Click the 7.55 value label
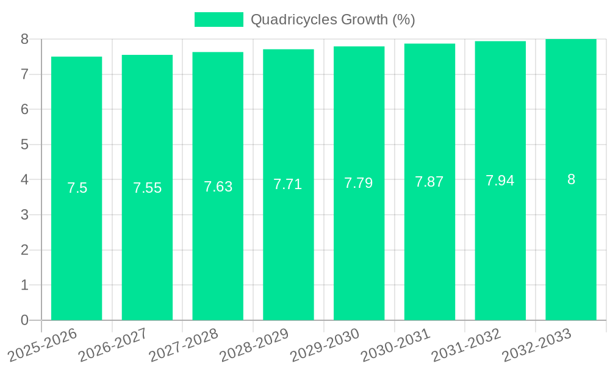(148, 188)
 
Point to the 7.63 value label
(218, 187)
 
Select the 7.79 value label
(359, 183)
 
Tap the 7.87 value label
(429, 182)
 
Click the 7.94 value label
(500, 181)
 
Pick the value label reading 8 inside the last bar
(571, 179)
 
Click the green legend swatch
(218, 20)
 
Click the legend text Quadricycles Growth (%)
(333, 20)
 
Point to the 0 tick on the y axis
(24, 320)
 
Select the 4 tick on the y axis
(24, 180)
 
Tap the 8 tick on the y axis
(24, 39)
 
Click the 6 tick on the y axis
(24, 109)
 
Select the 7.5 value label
(77, 188)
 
